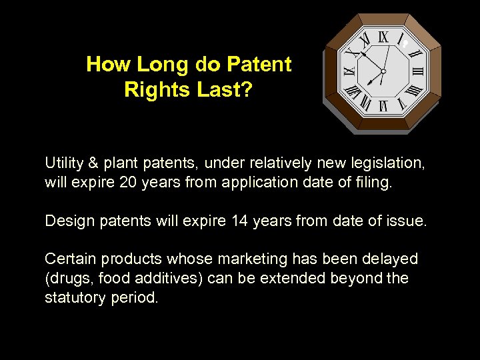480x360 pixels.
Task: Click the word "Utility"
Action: [63, 163]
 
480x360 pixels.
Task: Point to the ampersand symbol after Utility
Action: [93, 163]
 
